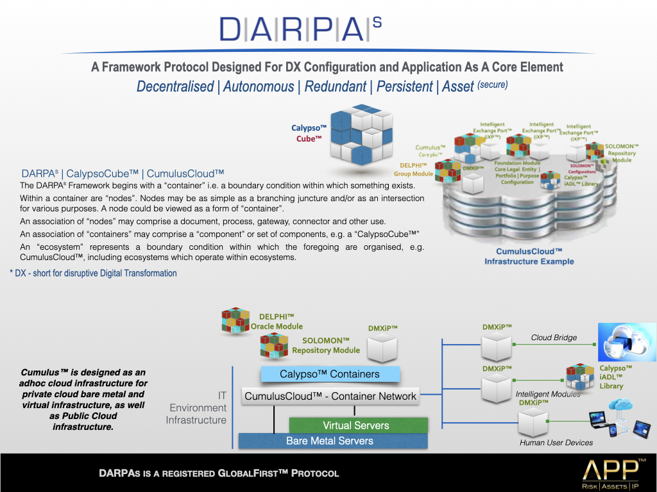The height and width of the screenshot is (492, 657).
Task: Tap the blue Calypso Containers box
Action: click(330, 374)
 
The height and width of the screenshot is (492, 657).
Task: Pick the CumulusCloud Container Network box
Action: click(330, 396)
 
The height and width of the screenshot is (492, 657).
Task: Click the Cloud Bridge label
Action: click(554, 338)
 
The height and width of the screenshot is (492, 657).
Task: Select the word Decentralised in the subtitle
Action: click(175, 86)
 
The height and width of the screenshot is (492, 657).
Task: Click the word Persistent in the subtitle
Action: click(404, 86)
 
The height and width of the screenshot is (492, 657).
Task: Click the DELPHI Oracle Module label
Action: click(277, 322)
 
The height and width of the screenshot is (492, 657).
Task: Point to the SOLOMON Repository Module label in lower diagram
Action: click(326, 345)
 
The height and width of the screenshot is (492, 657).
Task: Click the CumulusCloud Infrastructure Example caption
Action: click(529, 257)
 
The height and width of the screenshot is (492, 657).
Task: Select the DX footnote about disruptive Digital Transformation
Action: click(93, 273)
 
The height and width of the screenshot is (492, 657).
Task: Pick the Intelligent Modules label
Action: click(548, 394)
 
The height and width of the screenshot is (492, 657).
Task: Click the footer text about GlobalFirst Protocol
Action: click(219, 473)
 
